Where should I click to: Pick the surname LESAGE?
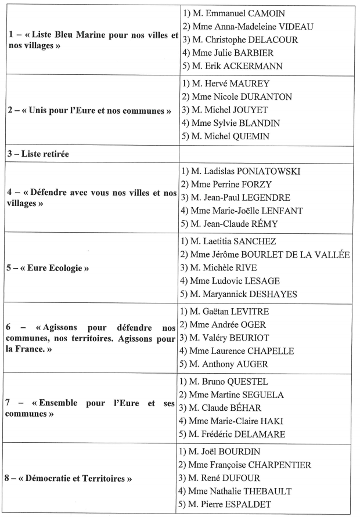tap(281, 281)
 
